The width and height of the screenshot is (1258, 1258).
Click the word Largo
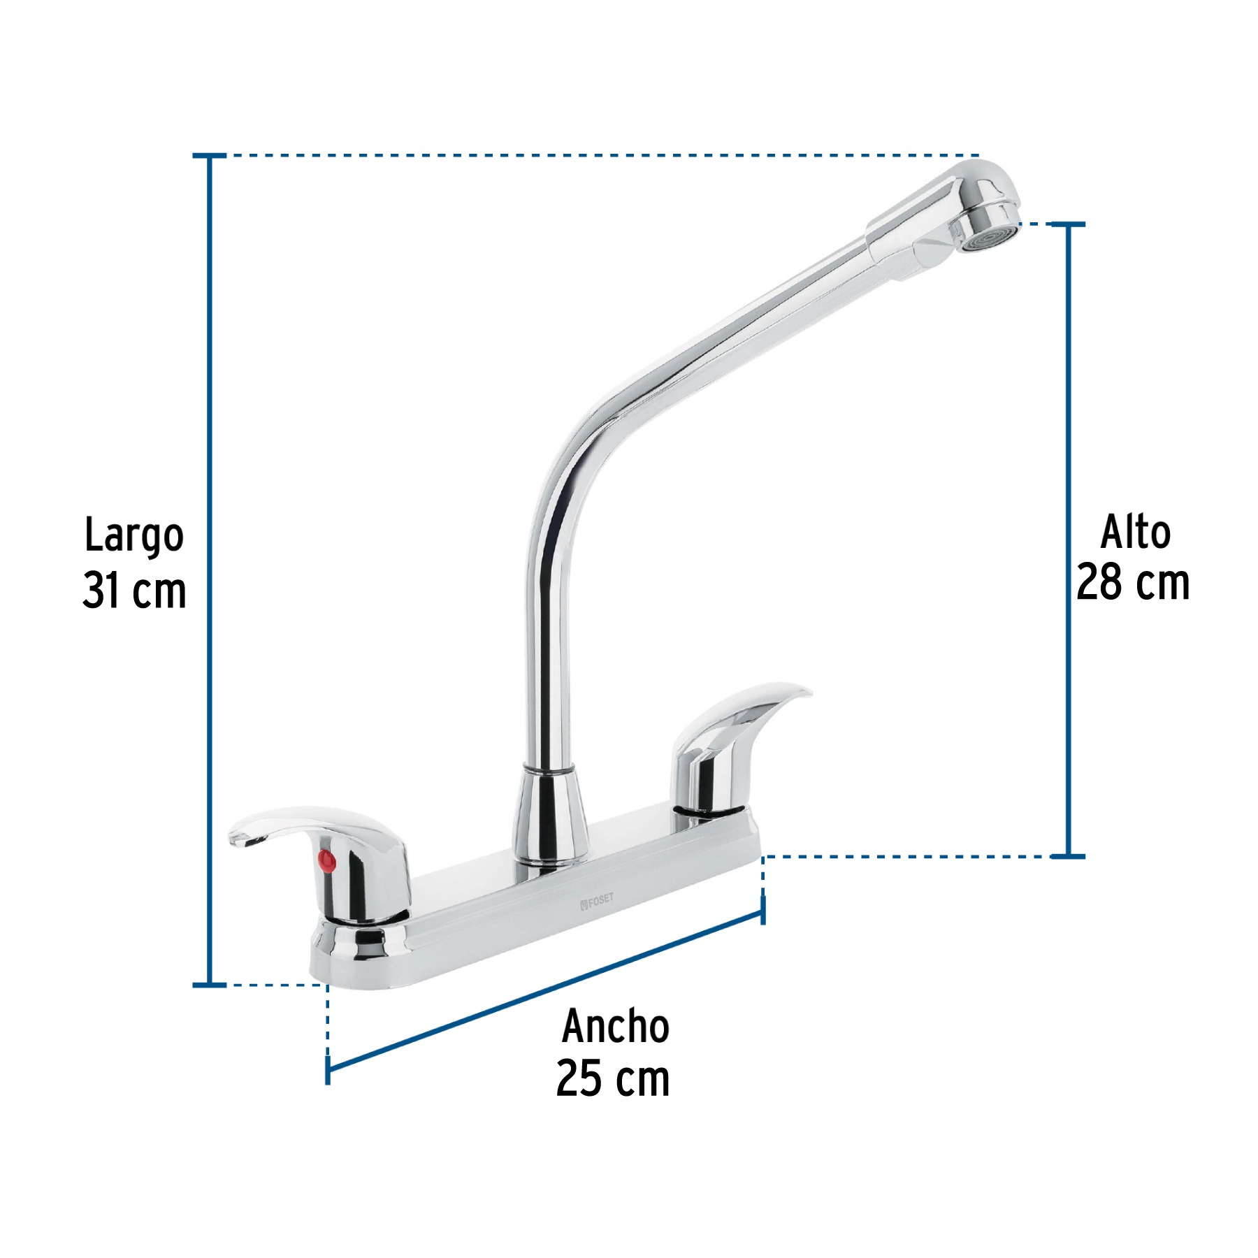click(x=134, y=536)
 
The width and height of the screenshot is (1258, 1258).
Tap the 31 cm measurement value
click(x=134, y=591)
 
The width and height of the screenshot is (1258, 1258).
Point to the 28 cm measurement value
click(x=1133, y=582)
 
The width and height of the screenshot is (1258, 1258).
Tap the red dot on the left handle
click(x=326, y=860)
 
